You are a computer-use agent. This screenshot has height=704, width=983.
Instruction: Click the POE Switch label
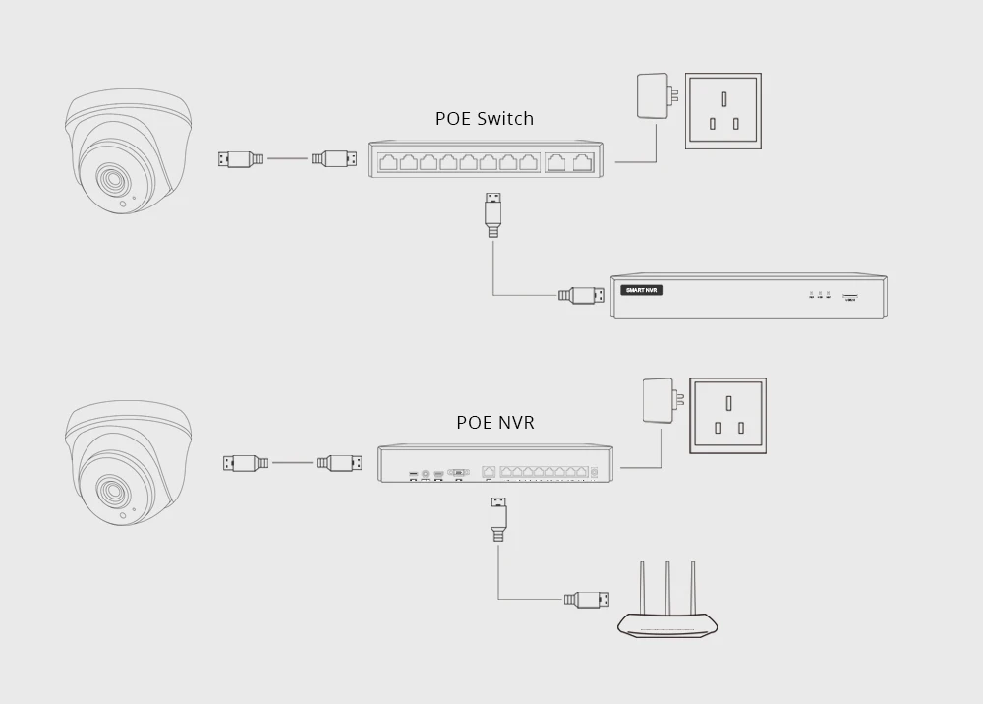coord(485,119)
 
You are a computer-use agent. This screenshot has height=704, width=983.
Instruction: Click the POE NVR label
coord(495,423)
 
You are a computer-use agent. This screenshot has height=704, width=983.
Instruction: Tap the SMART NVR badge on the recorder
coord(643,290)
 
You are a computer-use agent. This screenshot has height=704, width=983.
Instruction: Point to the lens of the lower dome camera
coord(107,489)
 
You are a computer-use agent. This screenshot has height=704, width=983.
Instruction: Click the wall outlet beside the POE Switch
coord(723,111)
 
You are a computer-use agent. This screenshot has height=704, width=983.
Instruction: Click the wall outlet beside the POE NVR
coord(728,415)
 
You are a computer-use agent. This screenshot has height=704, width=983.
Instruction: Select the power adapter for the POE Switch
coord(654,96)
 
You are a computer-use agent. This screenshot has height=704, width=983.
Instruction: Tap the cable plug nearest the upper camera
coord(241,158)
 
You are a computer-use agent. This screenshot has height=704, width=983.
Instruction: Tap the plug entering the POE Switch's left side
coord(333,158)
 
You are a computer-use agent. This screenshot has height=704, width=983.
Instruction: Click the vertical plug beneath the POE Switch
coord(493,214)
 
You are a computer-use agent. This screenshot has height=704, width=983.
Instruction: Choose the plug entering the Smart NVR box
coord(581,294)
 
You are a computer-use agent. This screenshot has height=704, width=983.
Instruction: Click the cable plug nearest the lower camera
coord(246,462)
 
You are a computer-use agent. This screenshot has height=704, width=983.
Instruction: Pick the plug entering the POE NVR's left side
coord(339,462)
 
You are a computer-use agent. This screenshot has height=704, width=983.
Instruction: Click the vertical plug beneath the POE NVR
coord(498,519)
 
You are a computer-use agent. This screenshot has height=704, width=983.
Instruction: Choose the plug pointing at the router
coord(587,599)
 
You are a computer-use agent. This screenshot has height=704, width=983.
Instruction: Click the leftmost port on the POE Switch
coord(387,162)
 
